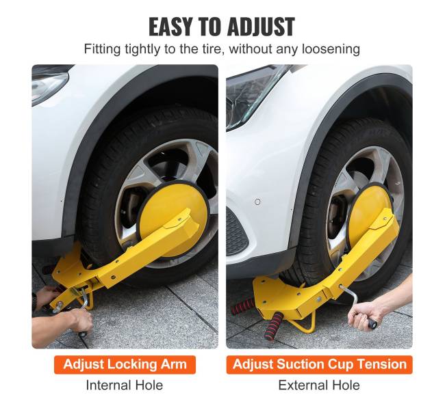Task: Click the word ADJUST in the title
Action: tap(261, 27)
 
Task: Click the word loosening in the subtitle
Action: tap(331, 49)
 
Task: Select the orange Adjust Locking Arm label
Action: tap(125, 364)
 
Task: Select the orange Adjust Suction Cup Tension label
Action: tap(319, 364)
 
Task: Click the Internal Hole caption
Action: tap(125, 385)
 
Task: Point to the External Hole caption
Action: tap(319, 385)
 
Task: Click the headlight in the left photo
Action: tap(50, 85)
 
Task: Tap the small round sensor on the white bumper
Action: tap(257, 202)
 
